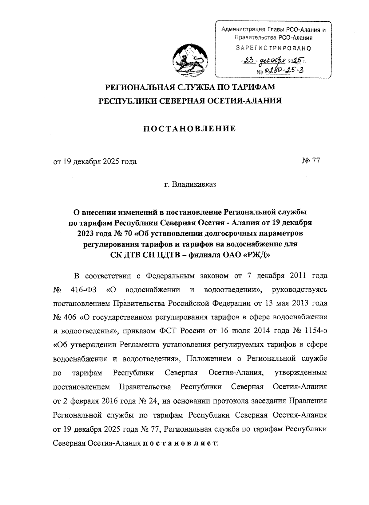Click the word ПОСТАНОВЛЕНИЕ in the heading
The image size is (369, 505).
[x=190, y=129]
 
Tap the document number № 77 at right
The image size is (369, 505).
[x=311, y=161]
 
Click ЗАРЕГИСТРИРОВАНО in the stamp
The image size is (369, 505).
[x=273, y=48]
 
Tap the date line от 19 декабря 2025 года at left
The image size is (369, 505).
[x=95, y=161]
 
